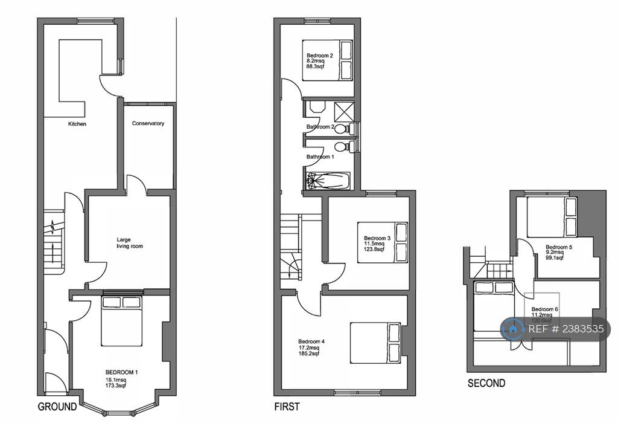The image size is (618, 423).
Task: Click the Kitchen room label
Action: tap(77, 124)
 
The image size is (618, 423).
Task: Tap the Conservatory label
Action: tap(148, 124)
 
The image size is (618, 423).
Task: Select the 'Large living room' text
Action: tap(130, 243)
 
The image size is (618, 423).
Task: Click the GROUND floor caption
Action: tap(57, 407)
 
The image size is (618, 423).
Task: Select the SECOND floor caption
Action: tap(486, 383)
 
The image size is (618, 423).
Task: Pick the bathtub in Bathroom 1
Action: tap(327, 180)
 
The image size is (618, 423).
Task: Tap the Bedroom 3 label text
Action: tap(377, 239)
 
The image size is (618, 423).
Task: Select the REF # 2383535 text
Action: tap(565, 329)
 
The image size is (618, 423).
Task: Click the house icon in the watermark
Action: tap(512, 329)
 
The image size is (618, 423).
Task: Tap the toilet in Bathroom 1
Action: tap(342, 147)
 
